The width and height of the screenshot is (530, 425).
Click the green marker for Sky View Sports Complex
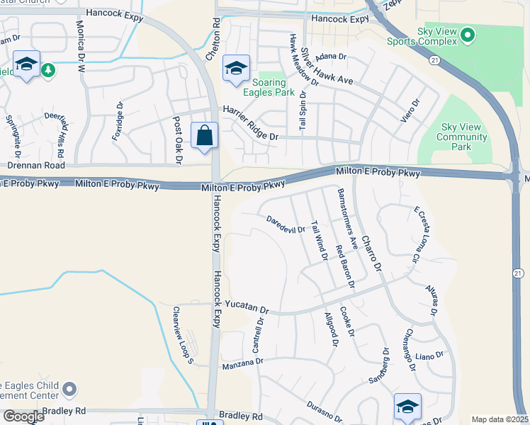467,34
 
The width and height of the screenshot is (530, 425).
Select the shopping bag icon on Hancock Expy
205,135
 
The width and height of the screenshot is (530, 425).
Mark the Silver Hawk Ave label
326,67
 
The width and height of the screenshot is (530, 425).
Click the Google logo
23,416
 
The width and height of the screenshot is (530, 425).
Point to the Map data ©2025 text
499,419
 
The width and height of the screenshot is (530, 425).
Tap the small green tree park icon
47,69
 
